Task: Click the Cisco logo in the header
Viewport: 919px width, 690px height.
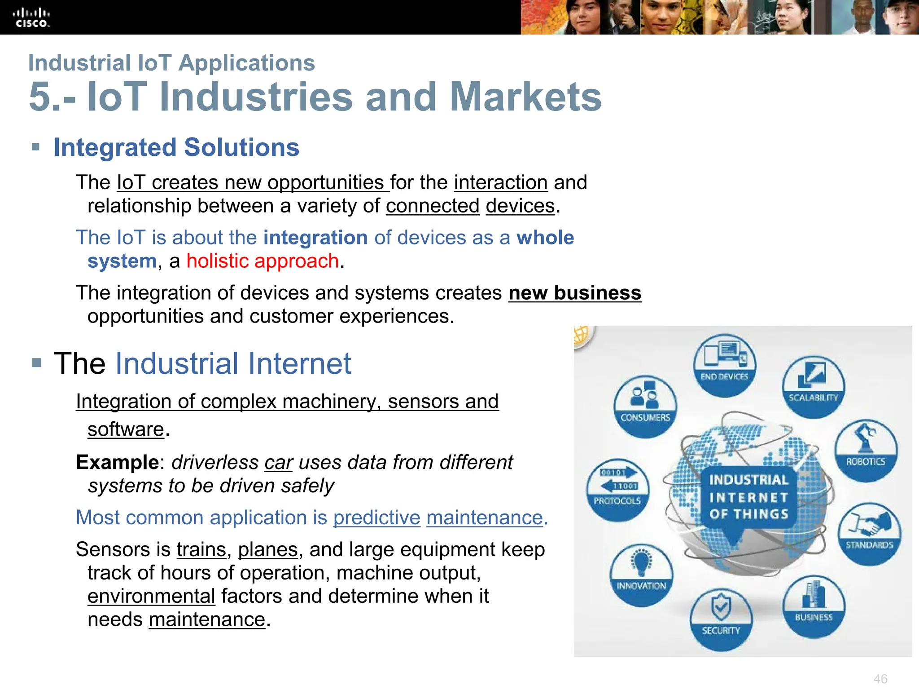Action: tap(31, 18)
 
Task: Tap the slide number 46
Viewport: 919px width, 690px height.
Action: tap(880, 678)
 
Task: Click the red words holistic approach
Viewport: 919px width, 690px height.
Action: tap(263, 261)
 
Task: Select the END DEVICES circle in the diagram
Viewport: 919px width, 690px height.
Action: tap(724, 365)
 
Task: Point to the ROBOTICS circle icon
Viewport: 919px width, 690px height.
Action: tap(866, 451)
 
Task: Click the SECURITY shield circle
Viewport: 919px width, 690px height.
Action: tap(721, 620)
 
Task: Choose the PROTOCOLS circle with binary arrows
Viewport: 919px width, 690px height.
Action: tap(617, 490)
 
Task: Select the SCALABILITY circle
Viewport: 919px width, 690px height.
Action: tap(813, 387)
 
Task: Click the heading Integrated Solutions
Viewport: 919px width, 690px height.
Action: tap(176, 147)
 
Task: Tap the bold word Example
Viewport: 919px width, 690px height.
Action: tap(117, 462)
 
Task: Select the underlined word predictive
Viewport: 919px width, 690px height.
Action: tap(376, 517)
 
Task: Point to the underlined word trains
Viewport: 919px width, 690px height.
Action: tap(201, 549)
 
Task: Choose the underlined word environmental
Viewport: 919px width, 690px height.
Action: tap(151, 596)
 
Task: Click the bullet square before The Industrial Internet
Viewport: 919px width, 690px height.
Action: tap(37, 363)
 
